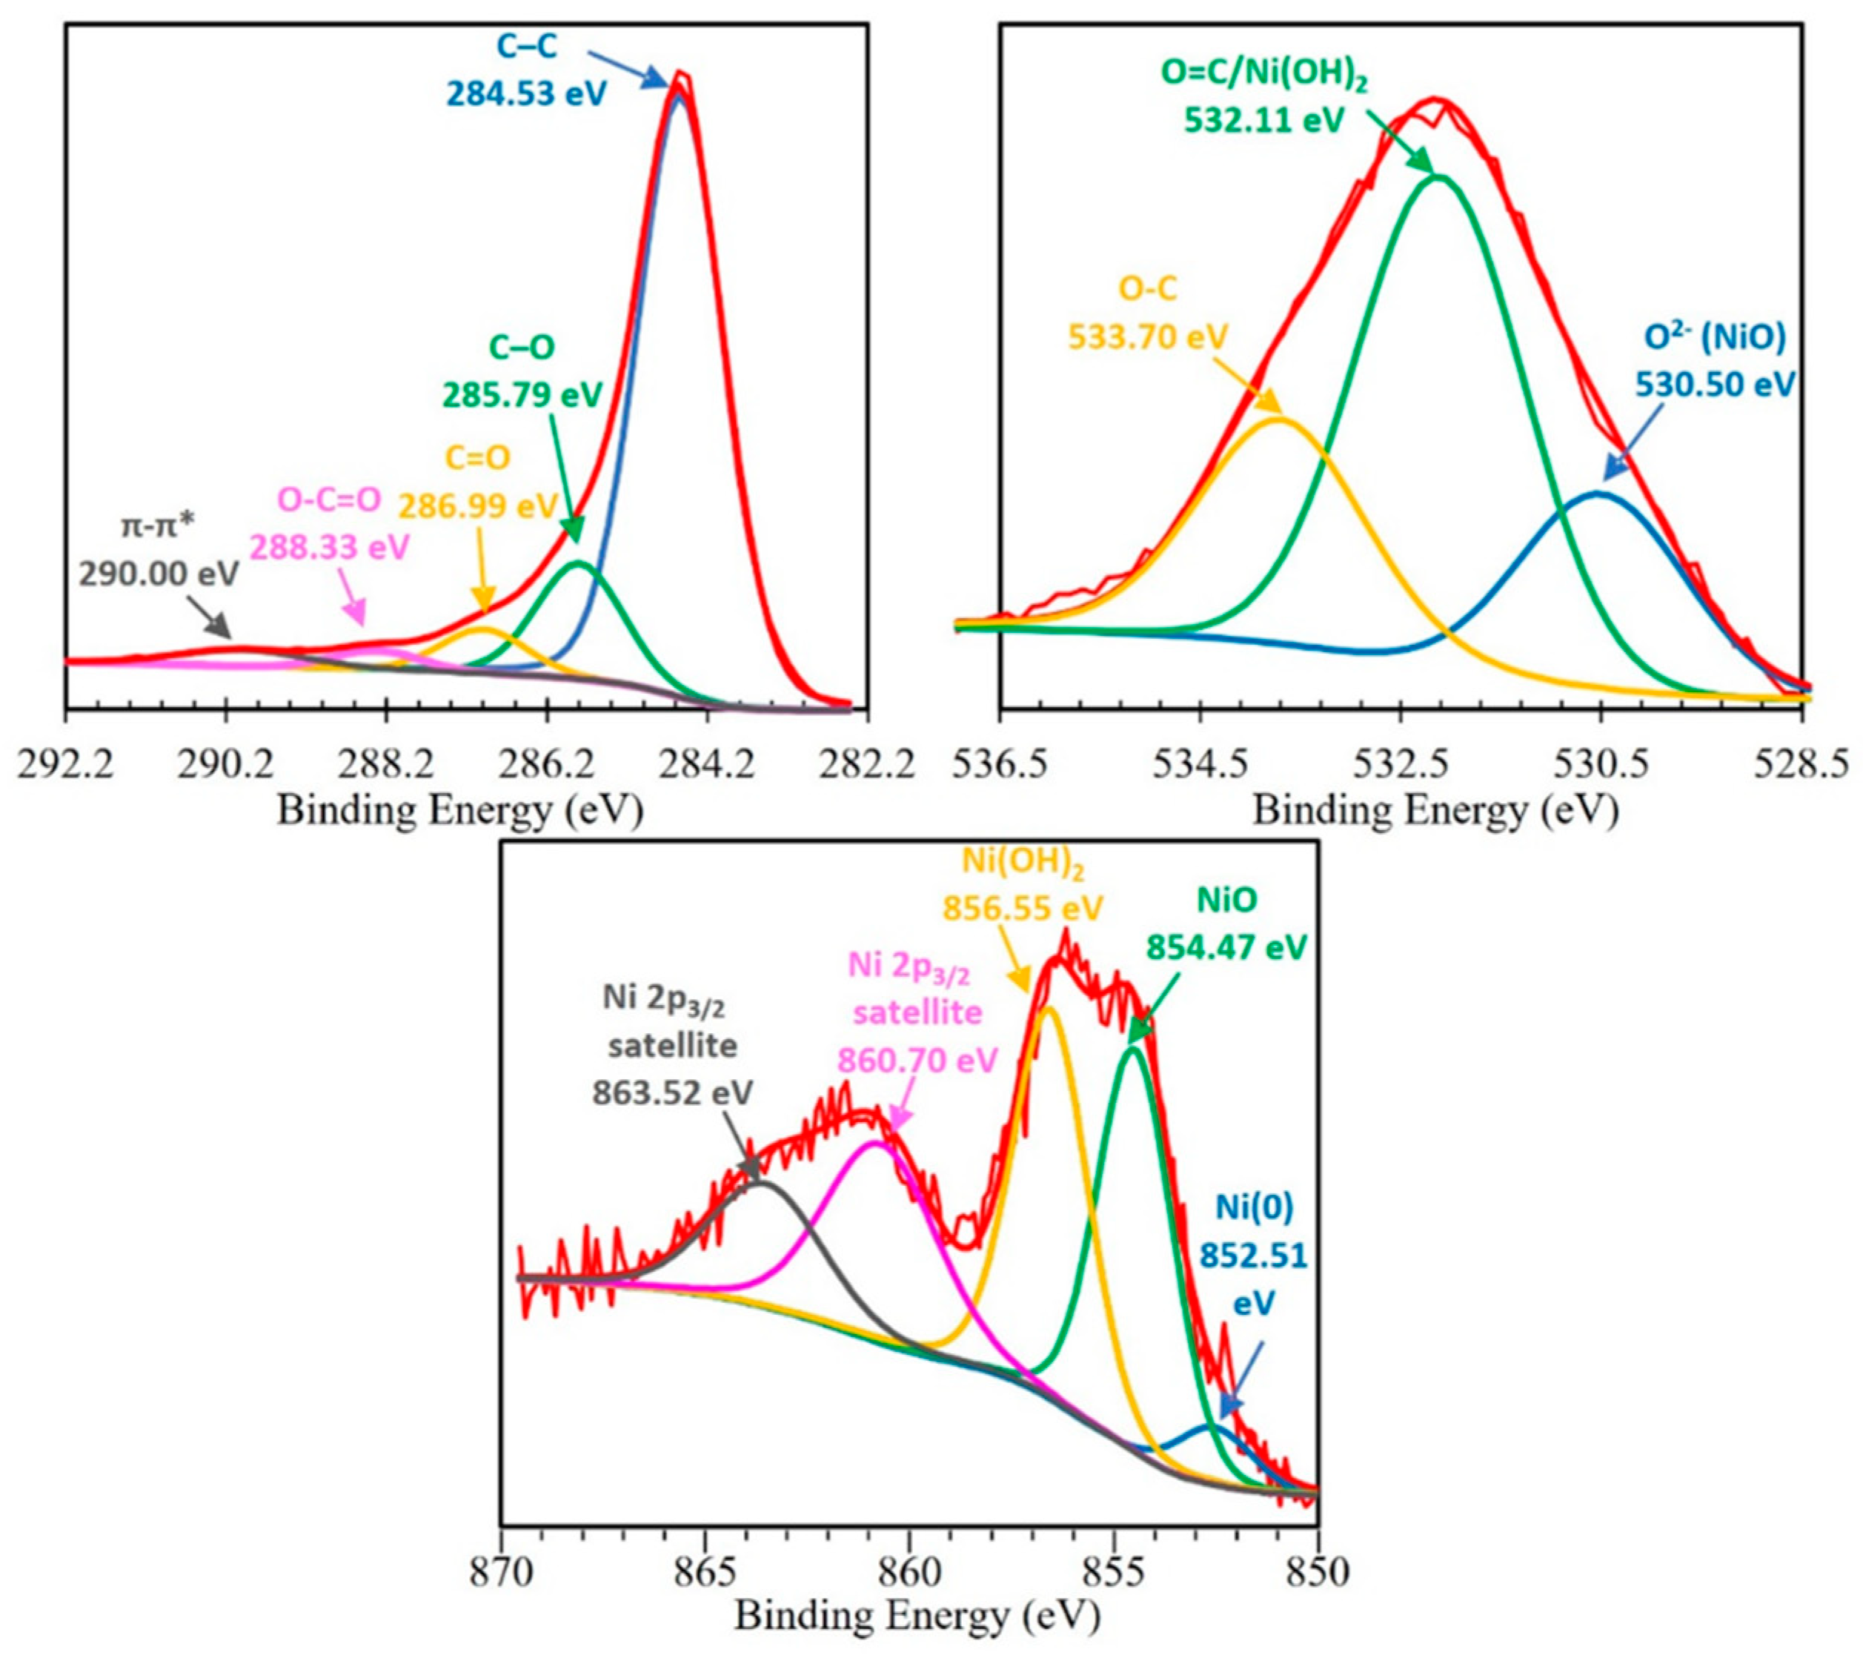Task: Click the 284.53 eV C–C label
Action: click(526, 70)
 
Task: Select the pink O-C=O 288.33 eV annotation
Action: click(330, 523)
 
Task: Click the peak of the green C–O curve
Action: click(579, 564)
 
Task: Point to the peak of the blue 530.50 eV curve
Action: click(1598, 493)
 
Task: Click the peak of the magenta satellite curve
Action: click(875, 1143)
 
